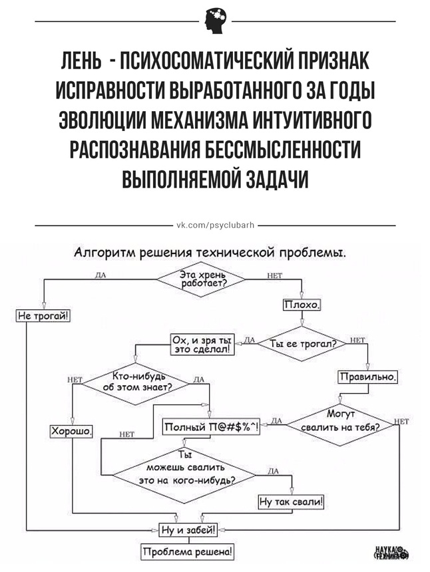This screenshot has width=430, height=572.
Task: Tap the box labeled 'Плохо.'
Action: (303, 305)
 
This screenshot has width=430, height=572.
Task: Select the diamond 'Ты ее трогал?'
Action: (303, 343)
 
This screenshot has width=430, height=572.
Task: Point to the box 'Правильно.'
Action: (369, 377)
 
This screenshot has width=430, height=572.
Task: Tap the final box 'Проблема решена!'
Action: (187, 552)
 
